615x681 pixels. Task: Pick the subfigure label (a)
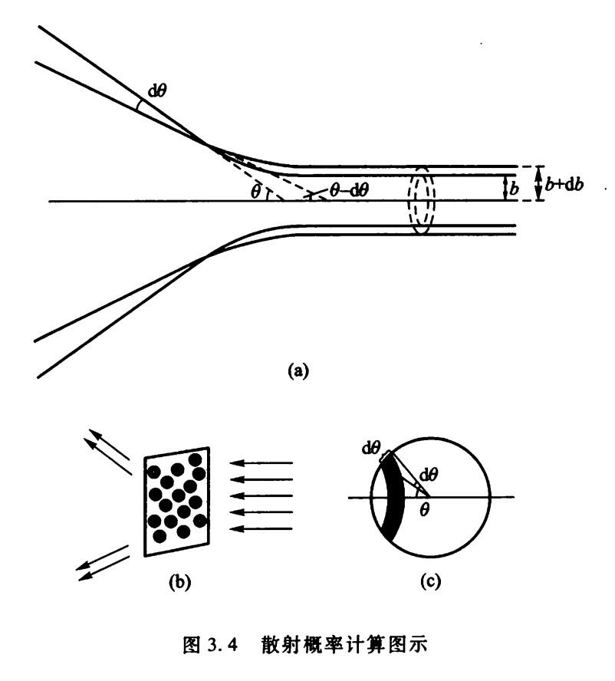(297, 370)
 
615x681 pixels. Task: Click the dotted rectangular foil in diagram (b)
(178, 498)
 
